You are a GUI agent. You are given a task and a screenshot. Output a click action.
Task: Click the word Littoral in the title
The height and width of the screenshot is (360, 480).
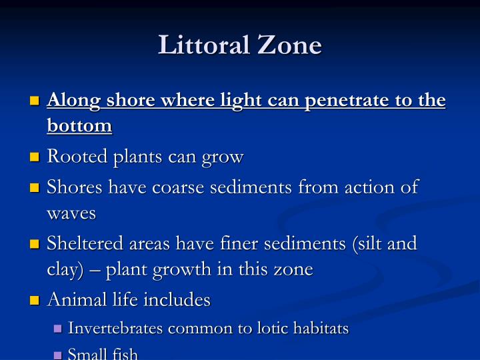coord(203,45)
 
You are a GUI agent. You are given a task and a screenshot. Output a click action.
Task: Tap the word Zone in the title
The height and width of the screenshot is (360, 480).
coord(289,45)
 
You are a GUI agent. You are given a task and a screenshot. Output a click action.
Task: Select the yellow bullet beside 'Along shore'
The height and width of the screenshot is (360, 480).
coord(35,101)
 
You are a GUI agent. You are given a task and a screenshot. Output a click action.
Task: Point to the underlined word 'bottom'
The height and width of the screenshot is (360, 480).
coord(79,125)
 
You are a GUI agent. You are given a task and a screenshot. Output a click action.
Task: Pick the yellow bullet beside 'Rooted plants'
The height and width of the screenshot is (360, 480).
coord(35,157)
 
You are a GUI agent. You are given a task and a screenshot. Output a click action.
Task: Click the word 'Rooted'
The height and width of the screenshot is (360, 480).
coord(77,156)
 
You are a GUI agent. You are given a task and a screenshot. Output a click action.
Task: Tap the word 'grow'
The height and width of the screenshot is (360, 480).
coord(223,158)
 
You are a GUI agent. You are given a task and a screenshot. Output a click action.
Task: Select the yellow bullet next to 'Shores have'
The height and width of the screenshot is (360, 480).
coord(35,187)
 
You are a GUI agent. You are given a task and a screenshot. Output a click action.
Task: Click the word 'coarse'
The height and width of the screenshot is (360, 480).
coord(178,187)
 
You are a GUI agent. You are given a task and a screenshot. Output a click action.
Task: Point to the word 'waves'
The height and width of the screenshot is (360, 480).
coord(71,213)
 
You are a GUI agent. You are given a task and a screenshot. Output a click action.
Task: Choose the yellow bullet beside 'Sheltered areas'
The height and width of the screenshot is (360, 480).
coord(35,244)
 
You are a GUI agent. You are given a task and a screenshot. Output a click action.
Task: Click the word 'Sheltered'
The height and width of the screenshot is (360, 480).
coord(85,243)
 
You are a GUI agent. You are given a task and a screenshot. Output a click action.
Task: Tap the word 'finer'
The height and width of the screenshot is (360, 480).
coord(239,243)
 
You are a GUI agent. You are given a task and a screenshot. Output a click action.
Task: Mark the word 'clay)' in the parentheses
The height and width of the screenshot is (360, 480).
coord(65,270)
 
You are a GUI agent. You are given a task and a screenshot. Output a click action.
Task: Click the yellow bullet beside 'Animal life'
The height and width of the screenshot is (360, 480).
coord(35,300)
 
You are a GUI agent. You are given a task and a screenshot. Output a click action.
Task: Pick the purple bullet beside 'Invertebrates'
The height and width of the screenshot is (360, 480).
coord(57,329)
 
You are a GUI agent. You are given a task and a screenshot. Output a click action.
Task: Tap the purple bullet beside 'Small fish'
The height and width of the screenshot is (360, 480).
coord(57,355)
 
